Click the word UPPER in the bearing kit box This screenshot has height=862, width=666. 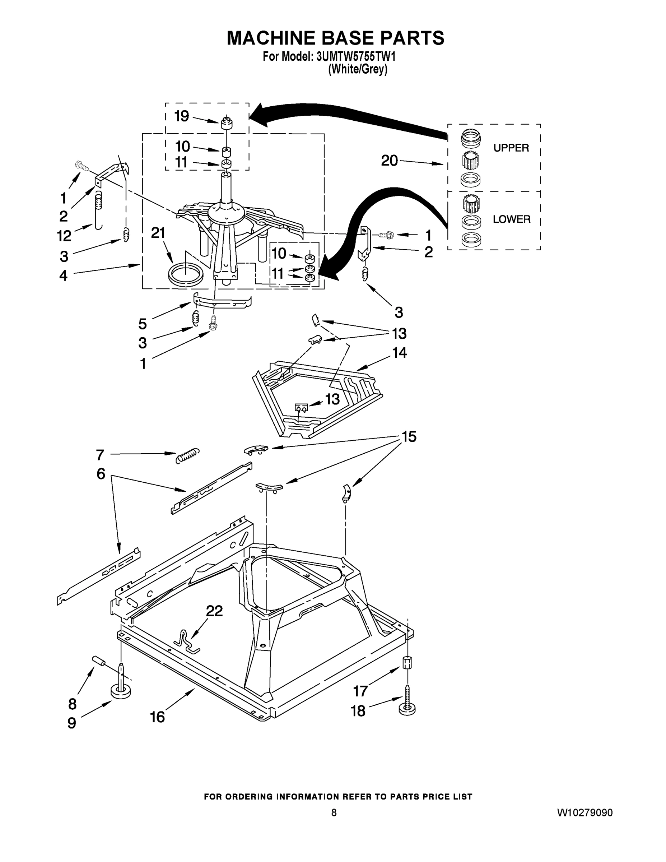[x=511, y=148]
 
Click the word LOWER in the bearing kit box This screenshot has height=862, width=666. [x=511, y=219]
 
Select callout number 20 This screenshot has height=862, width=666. [x=389, y=161]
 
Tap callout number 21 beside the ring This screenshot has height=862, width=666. [x=158, y=233]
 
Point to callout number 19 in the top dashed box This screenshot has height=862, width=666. [x=182, y=116]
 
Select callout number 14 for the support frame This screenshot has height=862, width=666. [x=399, y=352]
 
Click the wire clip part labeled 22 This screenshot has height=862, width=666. [x=187, y=642]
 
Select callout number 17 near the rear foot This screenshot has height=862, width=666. [x=360, y=691]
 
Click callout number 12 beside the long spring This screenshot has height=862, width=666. [x=64, y=236]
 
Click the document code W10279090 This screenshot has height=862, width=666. [x=585, y=813]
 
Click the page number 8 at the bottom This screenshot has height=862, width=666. [x=334, y=813]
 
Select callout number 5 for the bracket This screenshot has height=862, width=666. [x=143, y=324]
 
